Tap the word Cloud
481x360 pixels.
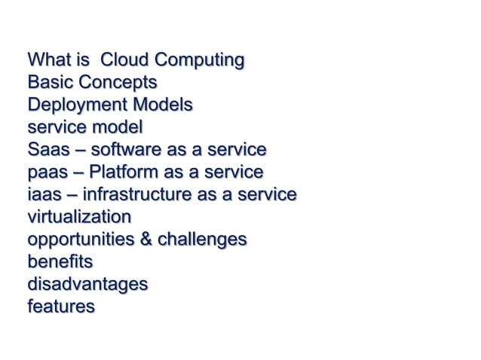pyautogui.click(x=125, y=59)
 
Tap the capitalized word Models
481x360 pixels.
pyautogui.click(x=163, y=104)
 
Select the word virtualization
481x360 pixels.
pyautogui.click(x=78, y=217)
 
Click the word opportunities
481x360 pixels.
pyautogui.click(x=84, y=240)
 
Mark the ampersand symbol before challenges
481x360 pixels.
pyautogui.click(x=155, y=239)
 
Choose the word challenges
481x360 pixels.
pyautogui.click(x=207, y=240)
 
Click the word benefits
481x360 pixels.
pyautogui.click(x=60, y=262)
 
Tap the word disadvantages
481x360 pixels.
pyautogui.click(x=87, y=285)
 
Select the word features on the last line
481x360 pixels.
pyautogui.click(x=60, y=307)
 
